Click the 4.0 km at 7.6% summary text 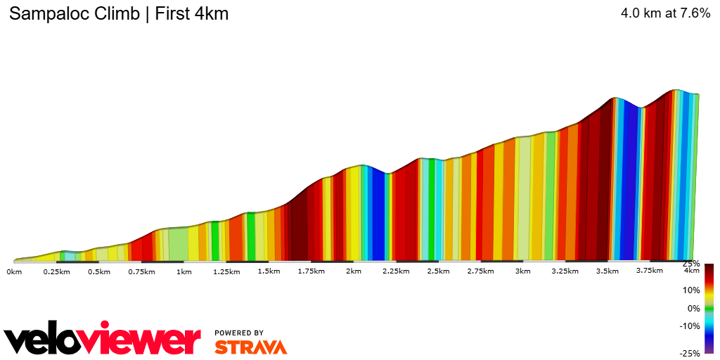pyautogui.click(x=665, y=13)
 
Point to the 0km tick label pyautogui.click(x=15, y=271)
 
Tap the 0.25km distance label pyautogui.click(x=57, y=271)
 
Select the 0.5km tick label pyautogui.click(x=99, y=271)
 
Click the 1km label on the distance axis pyautogui.click(x=184, y=271)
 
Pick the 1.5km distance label pyautogui.click(x=269, y=271)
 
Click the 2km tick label pyautogui.click(x=354, y=271)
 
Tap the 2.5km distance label pyautogui.click(x=438, y=271)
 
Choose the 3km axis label pyautogui.click(x=522, y=271)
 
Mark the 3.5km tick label pyautogui.click(x=607, y=271)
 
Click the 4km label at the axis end pyautogui.click(x=692, y=271)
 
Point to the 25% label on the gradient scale pyautogui.click(x=692, y=264)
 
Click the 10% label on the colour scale pyautogui.click(x=691, y=290)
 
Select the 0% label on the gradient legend pyautogui.click(x=693, y=308)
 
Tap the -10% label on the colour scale pyautogui.click(x=690, y=326)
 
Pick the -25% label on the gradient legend pyautogui.click(x=690, y=353)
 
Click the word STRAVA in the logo pyautogui.click(x=250, y=347)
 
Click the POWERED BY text pyautogui.click(x=239, y=333)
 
